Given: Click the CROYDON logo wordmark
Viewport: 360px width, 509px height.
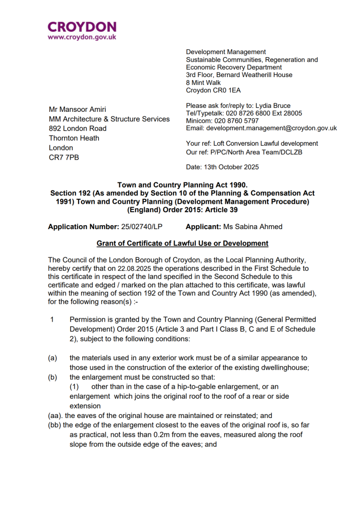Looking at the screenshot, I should (x=82, y=27).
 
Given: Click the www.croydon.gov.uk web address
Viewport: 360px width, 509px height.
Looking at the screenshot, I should (x=82, y=37).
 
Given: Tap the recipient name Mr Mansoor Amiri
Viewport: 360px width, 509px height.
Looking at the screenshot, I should (x=77, y=109).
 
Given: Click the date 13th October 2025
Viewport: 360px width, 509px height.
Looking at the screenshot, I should (x=231, y=167).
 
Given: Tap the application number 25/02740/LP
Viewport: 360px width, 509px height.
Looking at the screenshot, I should (x=142, y=227).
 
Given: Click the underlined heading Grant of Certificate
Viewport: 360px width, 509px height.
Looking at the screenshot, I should (x=182, y=244).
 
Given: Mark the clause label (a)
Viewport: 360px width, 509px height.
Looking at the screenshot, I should (x=53, y=358).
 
